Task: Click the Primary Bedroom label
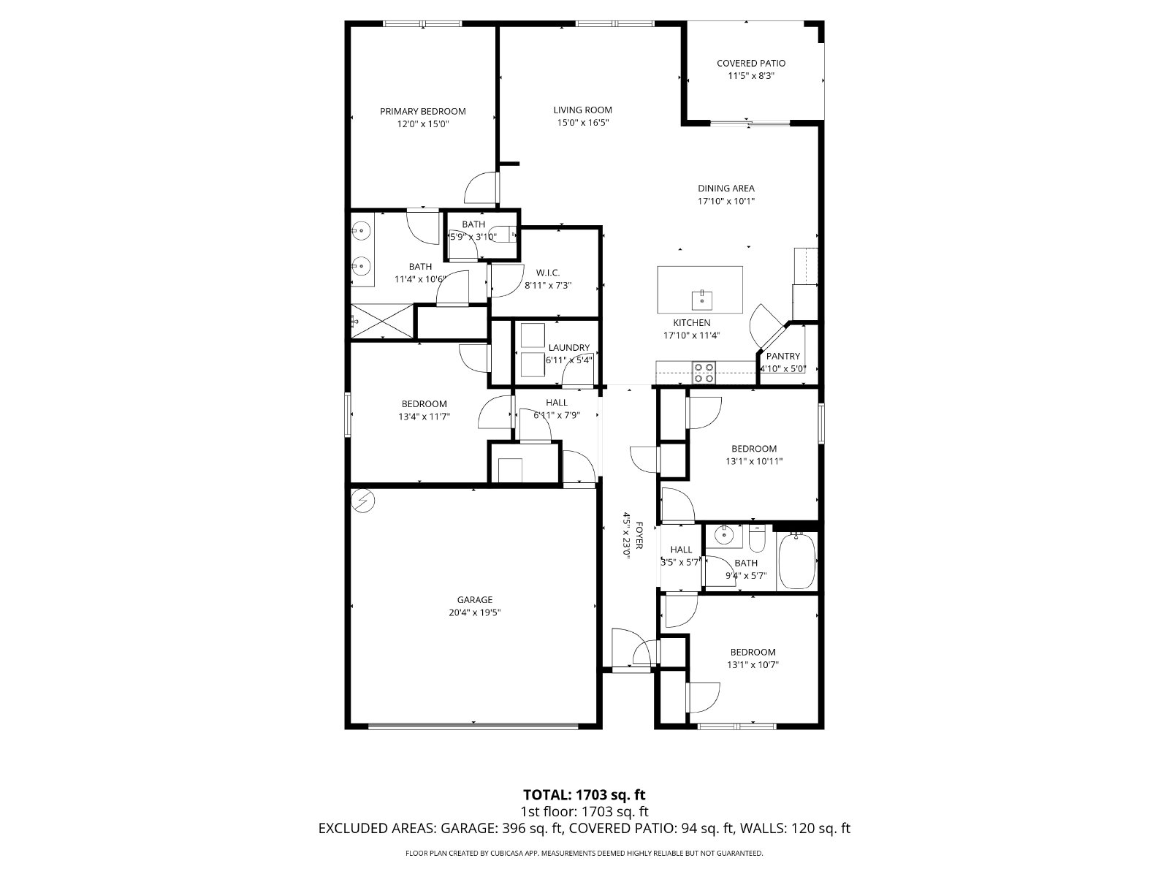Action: tap(422, 111)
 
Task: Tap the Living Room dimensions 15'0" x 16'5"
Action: tap(582, 123)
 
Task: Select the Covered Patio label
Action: tap(750, 64)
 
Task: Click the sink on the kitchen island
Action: tap(701, 299)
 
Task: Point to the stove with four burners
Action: tap(704, 373)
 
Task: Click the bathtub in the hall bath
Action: tap(796, 561)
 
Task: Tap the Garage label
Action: tap(475, 600)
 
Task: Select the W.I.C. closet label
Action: tap(547, 273)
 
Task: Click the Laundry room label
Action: tap(568, 348)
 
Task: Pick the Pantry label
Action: tap(783, 357)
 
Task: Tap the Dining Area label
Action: tap(726, 189)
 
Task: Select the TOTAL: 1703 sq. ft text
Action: tap(584, 794)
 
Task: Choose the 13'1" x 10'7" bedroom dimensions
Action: tap(753, 665)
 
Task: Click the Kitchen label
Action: tap(691, 323)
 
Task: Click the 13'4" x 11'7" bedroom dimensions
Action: tap(424, 417)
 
